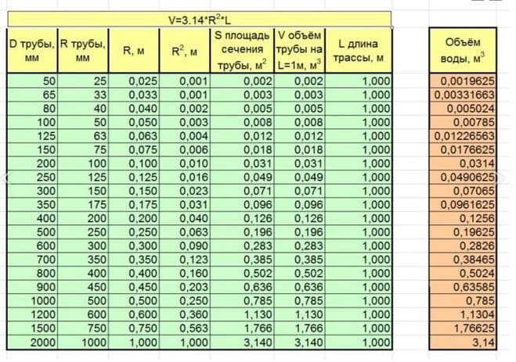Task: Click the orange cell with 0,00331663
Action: (x=464, y=95)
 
